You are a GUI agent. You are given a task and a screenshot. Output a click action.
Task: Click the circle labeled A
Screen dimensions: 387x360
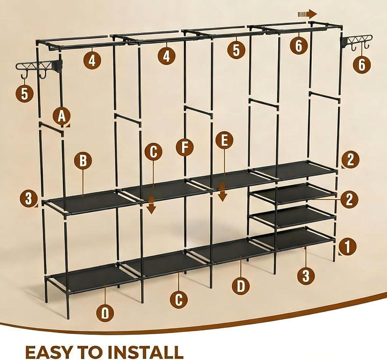click(x=62, y=116)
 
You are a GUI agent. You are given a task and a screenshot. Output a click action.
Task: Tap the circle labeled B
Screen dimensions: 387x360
click(x=83, y=161)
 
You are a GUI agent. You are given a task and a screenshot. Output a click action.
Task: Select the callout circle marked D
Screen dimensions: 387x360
click(x=241, y=286)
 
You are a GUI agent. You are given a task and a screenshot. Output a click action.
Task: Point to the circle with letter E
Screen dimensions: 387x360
click(x=224, y=140)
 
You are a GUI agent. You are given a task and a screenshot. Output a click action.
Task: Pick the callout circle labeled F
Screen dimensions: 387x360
click(x=184, y=147)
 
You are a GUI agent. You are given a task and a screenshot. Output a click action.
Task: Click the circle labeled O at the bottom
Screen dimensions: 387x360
click(x=105, y=313)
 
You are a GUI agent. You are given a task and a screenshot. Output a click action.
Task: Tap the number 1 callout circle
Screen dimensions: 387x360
click(x=347, y=246)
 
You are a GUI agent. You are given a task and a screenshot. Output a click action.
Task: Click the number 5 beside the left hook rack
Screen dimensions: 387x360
click(x=24, y=93)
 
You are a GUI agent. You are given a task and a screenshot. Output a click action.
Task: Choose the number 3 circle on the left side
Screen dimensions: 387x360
click(x=28, y=198)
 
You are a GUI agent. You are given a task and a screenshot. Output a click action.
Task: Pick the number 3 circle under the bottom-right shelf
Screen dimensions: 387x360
click(x=306, y=276)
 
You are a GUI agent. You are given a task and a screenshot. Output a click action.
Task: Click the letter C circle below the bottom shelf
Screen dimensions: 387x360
click(x=178, y=299)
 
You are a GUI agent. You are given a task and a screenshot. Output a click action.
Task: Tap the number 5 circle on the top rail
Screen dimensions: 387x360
click(x=236, y=50)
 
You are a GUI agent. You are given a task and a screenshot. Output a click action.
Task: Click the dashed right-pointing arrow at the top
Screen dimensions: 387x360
click(x=307, y=14)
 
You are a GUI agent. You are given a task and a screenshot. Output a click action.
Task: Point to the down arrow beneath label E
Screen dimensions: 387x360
click(x=223, y=192)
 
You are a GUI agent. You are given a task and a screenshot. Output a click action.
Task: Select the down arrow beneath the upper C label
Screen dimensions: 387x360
click(x=151, y=204)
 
